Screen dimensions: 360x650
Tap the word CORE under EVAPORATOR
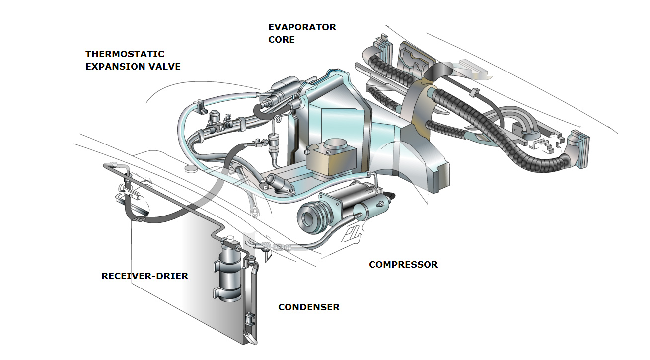281,40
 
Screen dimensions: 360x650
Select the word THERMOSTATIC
125,54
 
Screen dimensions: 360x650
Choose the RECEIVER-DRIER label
144,276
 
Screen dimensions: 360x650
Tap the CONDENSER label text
308,307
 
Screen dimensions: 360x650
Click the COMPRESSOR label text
403,265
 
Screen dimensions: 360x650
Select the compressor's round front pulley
312,216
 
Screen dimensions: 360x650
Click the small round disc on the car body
191,169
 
